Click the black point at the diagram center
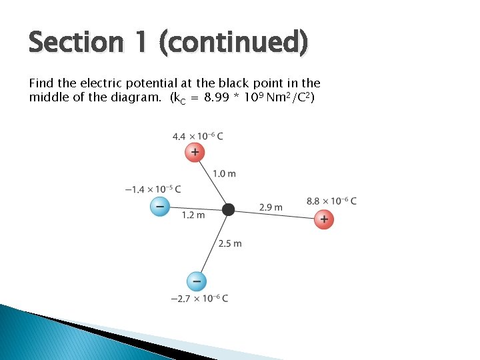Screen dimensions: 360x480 point(228,209)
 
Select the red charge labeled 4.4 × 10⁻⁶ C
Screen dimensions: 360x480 point(195,153)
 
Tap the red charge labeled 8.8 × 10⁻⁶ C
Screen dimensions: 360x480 point(324,219)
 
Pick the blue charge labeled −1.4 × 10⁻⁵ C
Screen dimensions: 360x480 point(160,207)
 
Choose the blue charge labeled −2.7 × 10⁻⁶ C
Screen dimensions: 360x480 point(195,281)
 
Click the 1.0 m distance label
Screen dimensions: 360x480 point(224,174)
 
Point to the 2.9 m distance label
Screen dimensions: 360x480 point(271,207)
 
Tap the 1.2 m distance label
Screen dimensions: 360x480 point(193,215)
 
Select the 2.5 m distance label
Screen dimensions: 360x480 point(230,243)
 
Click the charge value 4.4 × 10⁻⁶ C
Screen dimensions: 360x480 point(198,137)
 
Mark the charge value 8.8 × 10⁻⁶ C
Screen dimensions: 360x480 point(331,201)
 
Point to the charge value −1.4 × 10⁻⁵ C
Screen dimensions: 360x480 point(153,189)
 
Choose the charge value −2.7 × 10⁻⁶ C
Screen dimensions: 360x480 point(199,299)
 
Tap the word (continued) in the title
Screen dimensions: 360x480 point(233,43)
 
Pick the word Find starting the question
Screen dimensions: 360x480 point(41,83)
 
